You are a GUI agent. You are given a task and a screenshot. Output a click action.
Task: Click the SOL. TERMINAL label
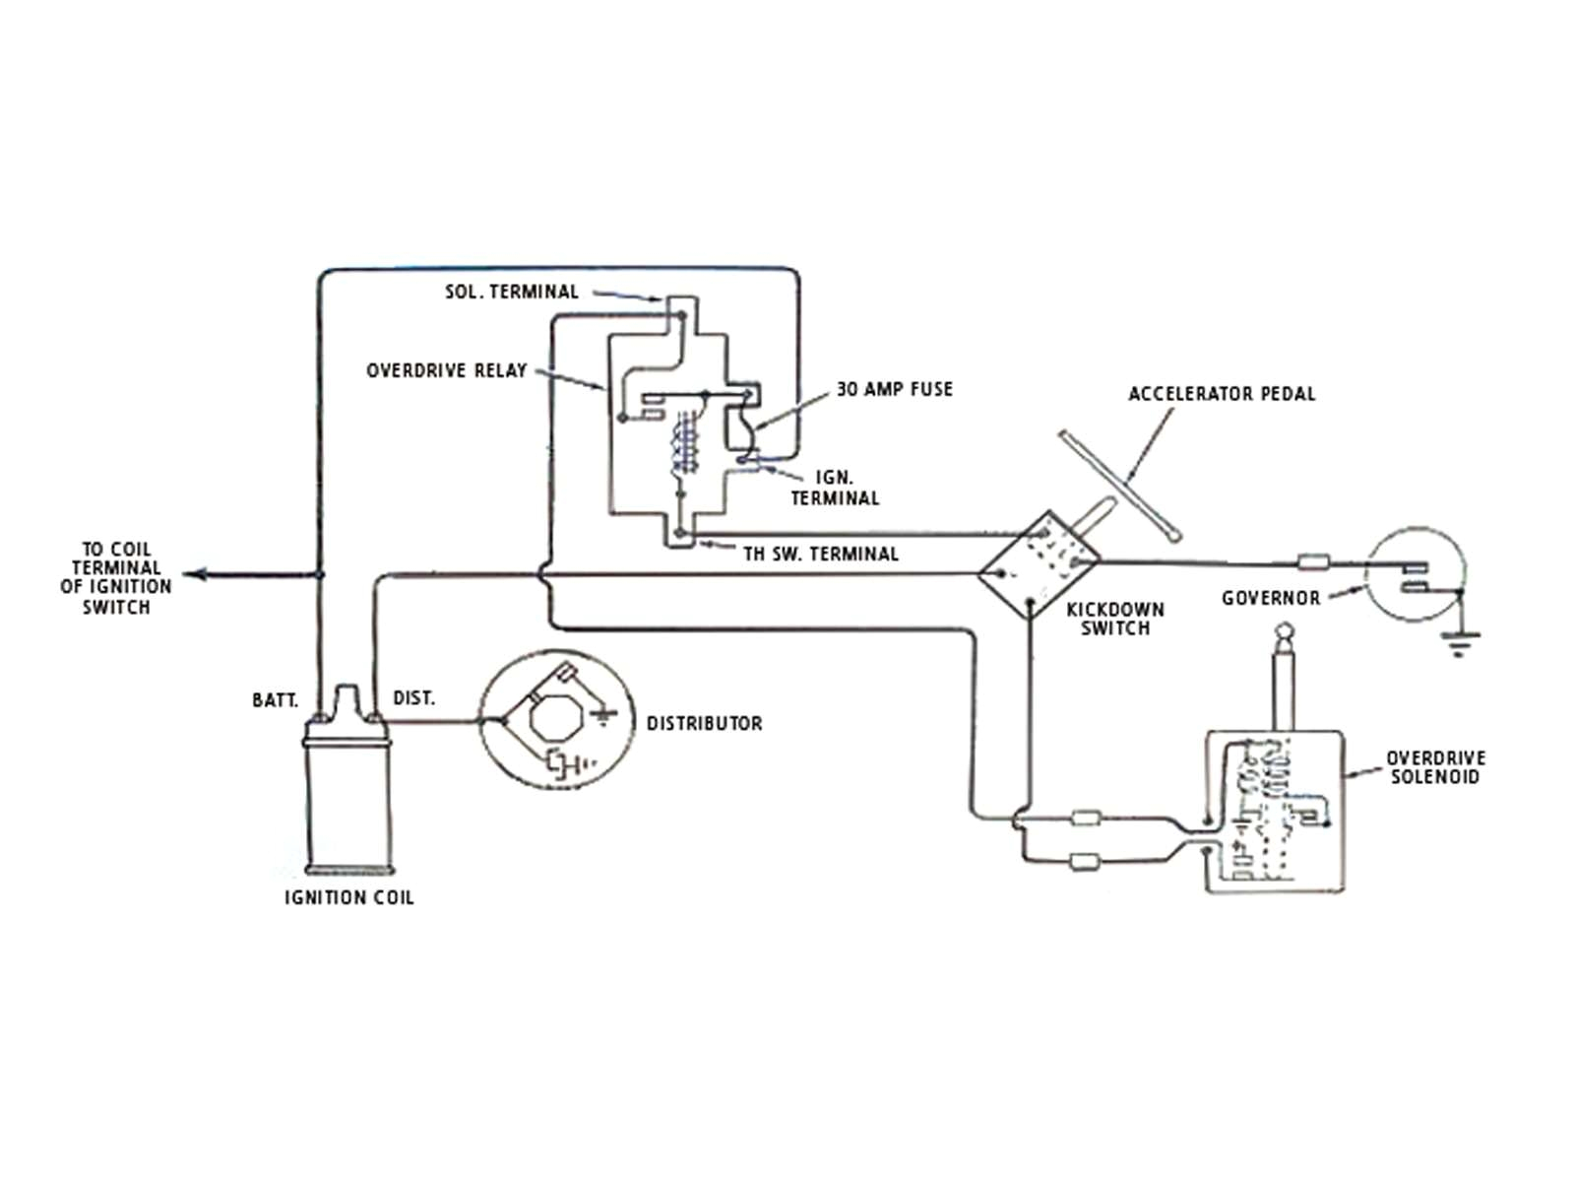(x=512, y=292)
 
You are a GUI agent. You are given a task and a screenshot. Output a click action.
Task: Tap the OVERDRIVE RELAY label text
(x=447, y=370)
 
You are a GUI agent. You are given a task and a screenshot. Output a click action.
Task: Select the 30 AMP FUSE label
(x=894, y=389)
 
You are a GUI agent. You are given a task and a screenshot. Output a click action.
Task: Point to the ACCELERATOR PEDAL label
(x=1221, y=394)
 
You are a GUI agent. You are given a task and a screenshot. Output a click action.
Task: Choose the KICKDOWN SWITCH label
(x=1114, y=619)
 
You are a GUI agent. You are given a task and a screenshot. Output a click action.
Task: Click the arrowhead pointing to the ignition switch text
(x=194, y=574)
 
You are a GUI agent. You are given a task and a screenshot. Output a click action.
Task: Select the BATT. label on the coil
(x=275, y=700)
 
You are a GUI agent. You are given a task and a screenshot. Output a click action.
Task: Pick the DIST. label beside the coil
(x=413, y=698)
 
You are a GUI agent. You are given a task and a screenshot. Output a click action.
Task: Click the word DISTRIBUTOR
(x=704, y=723)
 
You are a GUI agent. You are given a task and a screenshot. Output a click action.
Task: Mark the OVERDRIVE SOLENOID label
(x=1435, y=767)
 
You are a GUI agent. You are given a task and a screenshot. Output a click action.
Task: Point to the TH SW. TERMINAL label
(x=820, y=555)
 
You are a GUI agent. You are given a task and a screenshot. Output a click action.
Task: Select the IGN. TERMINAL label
(x=834, y=488)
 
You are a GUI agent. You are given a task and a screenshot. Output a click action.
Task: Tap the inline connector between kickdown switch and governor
(x=1313, y=562)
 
